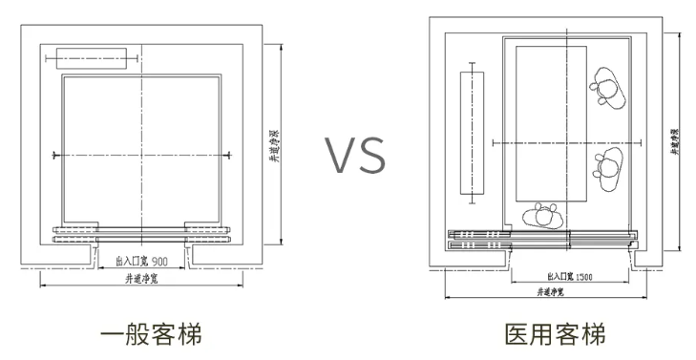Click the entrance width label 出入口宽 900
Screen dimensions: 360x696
point(141,260)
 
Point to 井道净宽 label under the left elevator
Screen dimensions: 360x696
point(142,280)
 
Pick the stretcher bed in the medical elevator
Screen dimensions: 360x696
point(551,122)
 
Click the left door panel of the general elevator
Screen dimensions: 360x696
point(76,230)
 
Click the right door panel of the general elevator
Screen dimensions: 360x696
point(207,230)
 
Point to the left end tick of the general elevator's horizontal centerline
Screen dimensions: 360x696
point(55,155)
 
